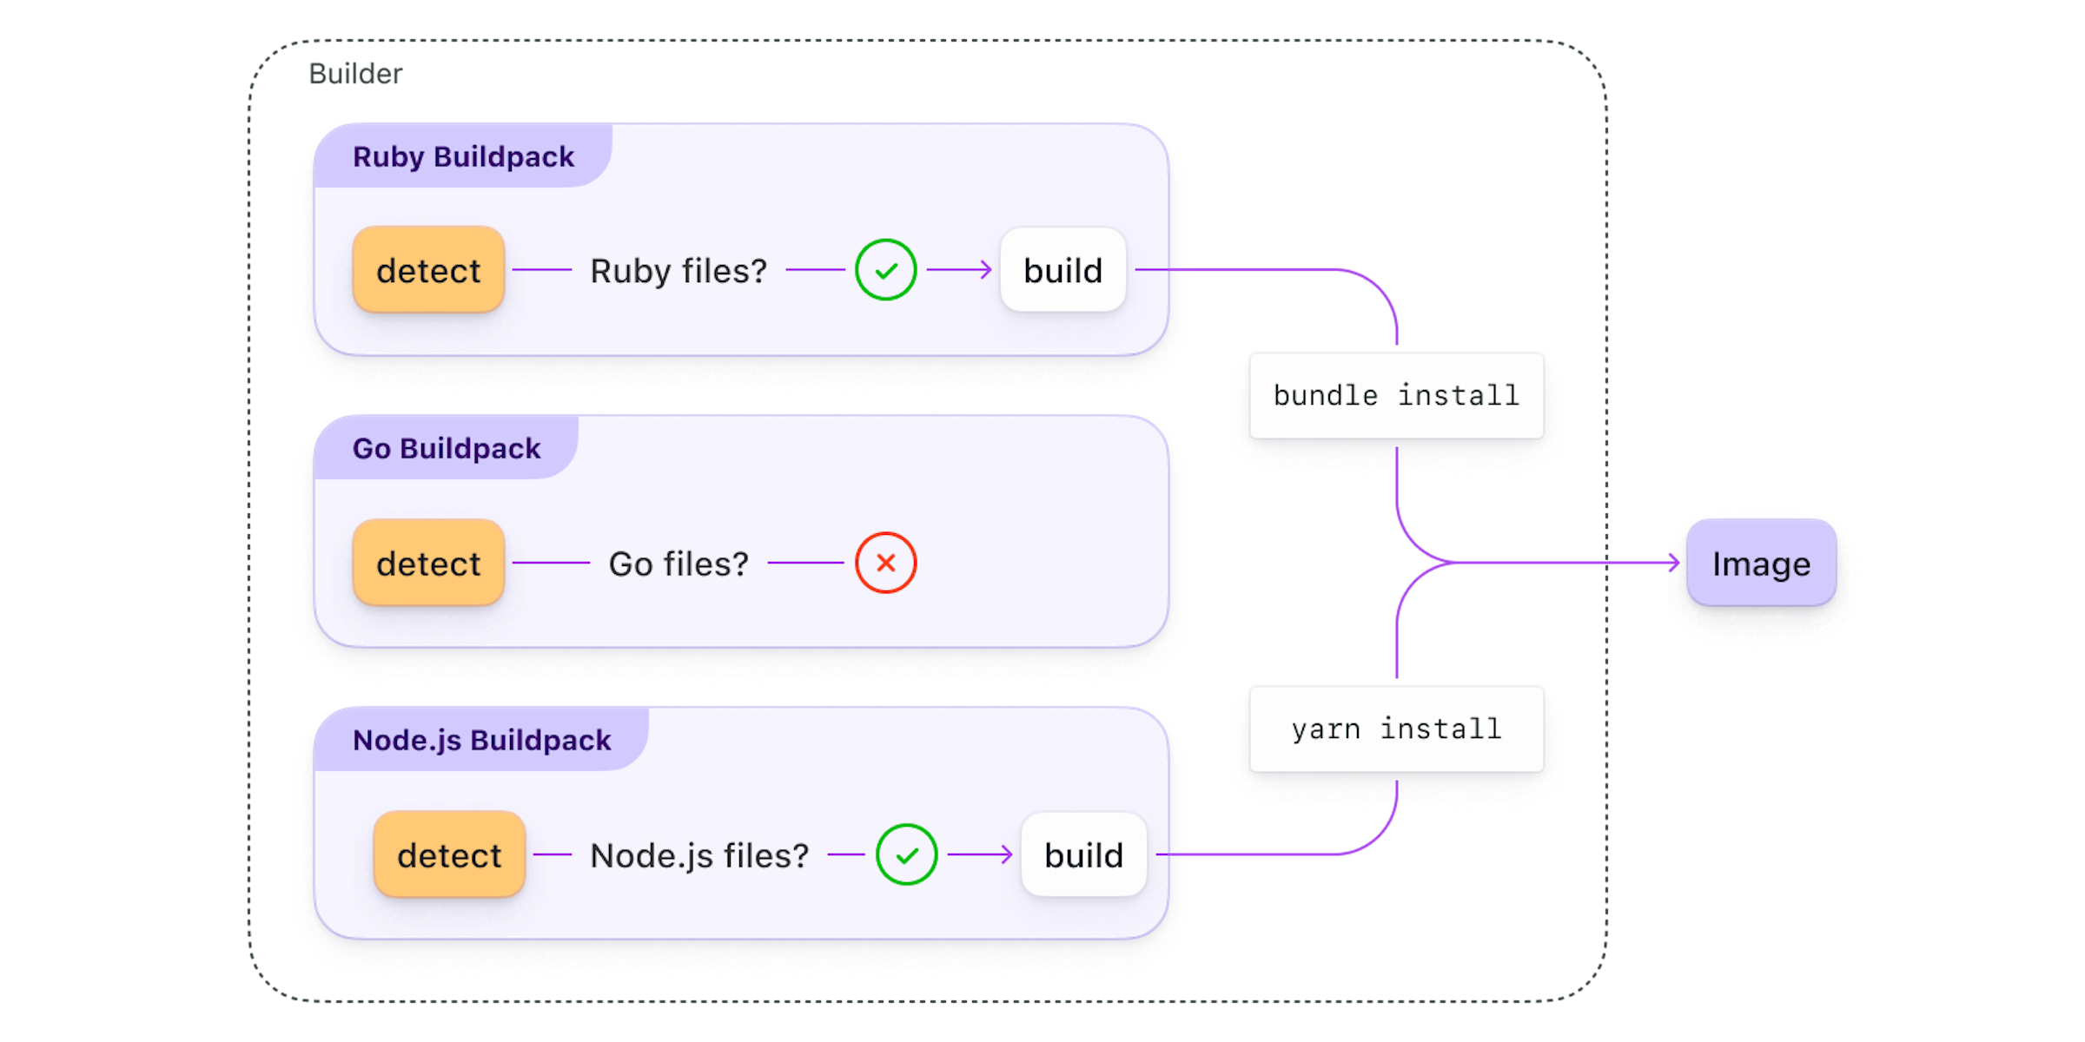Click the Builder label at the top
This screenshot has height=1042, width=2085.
coord(354,74)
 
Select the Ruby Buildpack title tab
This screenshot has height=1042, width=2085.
coord(463,157)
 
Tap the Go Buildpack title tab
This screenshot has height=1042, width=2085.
coord(446,449)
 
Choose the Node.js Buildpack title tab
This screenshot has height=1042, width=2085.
coord(481,741)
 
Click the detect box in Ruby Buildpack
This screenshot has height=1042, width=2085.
coord(428,270)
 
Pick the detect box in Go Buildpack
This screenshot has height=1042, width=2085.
coord(428,563)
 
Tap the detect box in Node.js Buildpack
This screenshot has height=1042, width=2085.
coord(449,854)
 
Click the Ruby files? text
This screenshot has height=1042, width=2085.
coord(678,271)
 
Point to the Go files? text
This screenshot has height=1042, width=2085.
coord(678,564)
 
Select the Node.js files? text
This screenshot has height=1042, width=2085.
coord(699,855)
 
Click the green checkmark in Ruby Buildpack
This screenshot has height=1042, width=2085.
coord(885,270)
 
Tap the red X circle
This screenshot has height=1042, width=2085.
coord(885,563)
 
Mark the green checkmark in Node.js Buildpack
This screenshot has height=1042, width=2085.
coord(906,854)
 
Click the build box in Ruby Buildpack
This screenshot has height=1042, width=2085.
coord(1062,270)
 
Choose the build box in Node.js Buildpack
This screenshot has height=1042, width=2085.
coord(1083,854)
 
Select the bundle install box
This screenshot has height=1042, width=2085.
coord(1396,395)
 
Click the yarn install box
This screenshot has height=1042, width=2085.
coord(1396,729)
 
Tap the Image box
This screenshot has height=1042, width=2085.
coord(1761,564)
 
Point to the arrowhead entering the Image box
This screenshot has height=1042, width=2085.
coord(1674,563)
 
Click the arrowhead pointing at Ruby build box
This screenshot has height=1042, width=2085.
coord(986,270)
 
